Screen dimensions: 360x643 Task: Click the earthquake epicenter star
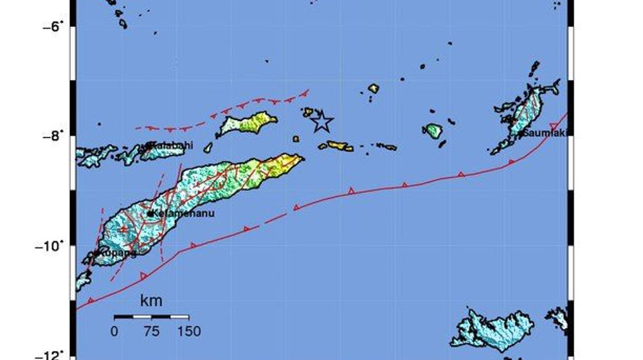point(321,121)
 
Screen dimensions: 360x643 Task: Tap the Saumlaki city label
point(547,133)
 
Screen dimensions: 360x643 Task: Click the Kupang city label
point(117,253)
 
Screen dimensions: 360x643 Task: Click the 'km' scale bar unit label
point(151,300)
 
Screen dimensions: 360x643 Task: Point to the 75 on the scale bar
point(151,332)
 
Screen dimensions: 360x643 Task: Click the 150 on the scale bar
point(188,332)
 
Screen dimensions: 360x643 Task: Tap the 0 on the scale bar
point(114,332)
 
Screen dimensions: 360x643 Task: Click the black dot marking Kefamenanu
point(150,213)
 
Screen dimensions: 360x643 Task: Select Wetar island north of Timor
point(248,122)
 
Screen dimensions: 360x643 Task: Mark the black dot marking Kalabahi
point(149,145)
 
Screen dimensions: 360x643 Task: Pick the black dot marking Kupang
point(95,254)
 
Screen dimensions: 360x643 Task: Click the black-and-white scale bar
point(151,316)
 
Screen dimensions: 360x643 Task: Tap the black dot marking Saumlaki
point(521,133)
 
